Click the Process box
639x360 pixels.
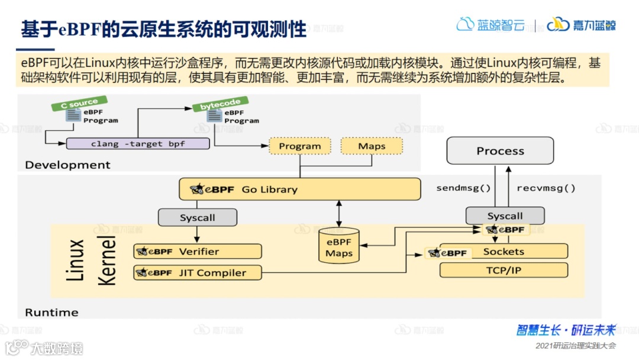500,151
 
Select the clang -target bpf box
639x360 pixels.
137,144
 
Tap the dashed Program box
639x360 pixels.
299,146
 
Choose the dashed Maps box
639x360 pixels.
372,146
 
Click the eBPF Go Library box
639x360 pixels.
300,189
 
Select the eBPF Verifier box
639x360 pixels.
198,252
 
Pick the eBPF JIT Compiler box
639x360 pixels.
198,273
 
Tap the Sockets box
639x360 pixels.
504,252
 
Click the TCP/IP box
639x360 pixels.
504,271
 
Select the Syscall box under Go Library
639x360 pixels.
198,218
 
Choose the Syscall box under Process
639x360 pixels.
505,216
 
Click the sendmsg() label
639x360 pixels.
464,188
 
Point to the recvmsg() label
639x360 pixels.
546,188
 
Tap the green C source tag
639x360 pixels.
79,104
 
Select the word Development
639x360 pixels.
67,165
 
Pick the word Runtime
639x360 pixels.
51,312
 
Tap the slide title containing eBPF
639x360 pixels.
164,28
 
